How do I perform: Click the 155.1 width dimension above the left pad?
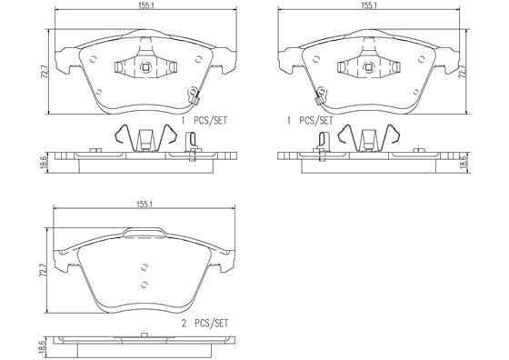tap(145, 5)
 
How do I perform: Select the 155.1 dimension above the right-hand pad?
tap(368, 5)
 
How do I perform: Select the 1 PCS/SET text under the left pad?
tap(205, 120)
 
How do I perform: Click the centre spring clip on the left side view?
tap(145, 138)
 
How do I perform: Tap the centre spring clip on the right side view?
tap(367, 138)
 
